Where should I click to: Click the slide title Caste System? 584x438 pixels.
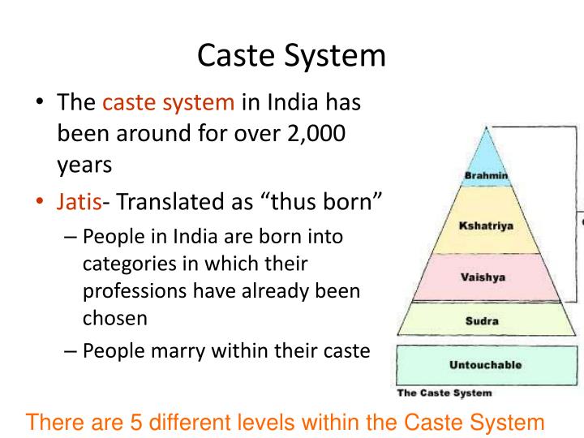(292, 55)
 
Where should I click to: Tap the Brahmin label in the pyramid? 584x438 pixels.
(486, 175)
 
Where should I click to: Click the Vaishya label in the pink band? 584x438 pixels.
(483, 277)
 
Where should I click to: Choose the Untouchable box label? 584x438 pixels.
(485, 364)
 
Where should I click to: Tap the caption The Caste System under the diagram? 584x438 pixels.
(444, 393)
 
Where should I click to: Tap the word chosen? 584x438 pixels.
(115, 317)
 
